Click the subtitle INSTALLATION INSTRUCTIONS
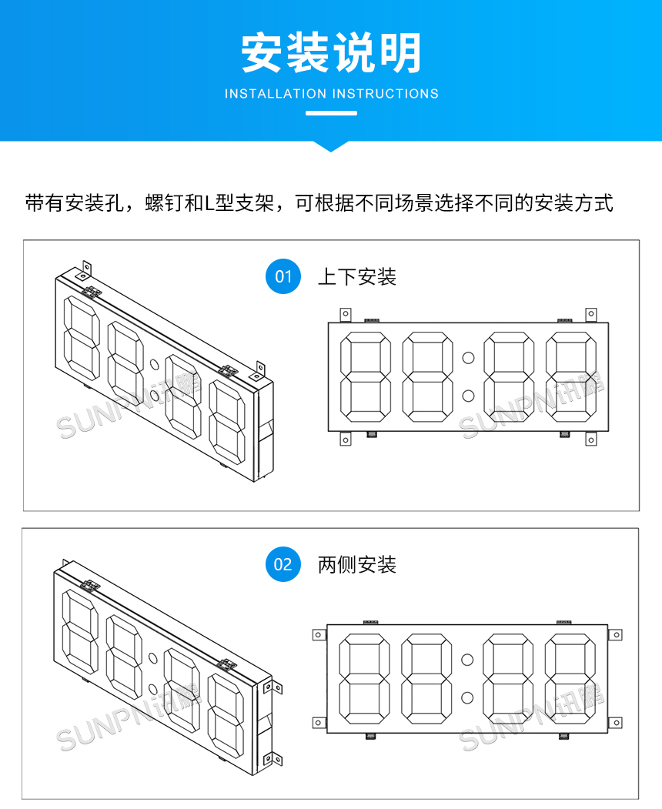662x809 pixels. (x=331, y=94)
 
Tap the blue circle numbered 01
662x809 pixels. (x=283, y=276)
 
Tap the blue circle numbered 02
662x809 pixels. (x=283, y=564)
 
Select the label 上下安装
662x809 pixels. (x=357, y=276)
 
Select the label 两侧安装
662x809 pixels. (x=357, y=565)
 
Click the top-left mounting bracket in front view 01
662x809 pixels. (x=346, y=315)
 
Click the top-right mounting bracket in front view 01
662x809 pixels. (x=590, y=315)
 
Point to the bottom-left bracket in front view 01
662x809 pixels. (x=346, y=439)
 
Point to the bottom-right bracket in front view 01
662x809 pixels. (x=590, y=439)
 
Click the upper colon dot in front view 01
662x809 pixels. (x=468, y=358)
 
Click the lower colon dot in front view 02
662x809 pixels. (x=467, y=697)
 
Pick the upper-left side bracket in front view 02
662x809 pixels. (x=319, y=635)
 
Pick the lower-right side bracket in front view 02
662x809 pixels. (x=616, y=723)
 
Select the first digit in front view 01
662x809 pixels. (x=366, y=377)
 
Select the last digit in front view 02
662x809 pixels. (x=570, y=678)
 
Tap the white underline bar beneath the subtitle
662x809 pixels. (x=331, y=113)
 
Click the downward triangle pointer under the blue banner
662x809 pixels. (x=331, y=145)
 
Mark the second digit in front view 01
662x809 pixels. (x=427, y=377)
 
